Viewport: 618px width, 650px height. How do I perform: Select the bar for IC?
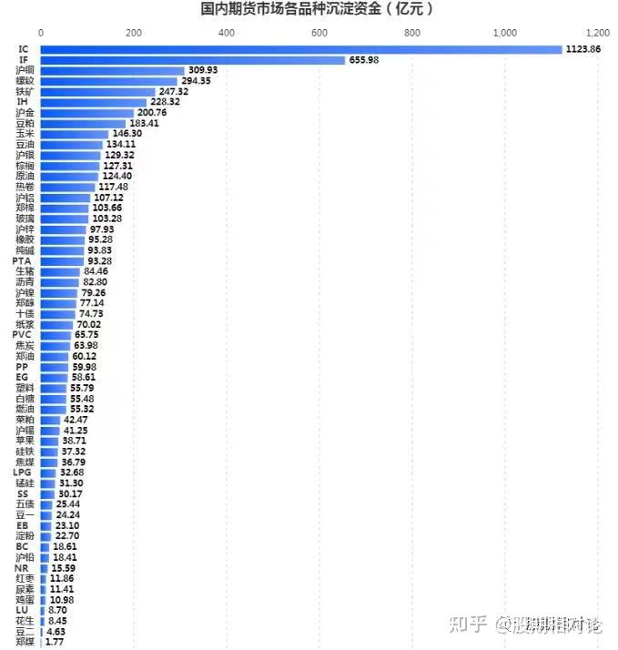click(x=300, y=49)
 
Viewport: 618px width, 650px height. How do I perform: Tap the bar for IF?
click(x=192, y=60)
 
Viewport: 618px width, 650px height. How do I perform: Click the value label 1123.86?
click(x=583, y=49)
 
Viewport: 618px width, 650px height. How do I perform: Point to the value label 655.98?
click(x=363, y=60)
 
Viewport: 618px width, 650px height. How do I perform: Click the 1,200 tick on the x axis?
click(x=597, y=33)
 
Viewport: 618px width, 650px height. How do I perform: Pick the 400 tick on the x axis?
click(x=227, y=33)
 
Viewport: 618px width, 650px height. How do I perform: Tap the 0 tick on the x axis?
click(x=41, y=33)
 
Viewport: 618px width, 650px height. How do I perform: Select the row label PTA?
click(x=24, y=261)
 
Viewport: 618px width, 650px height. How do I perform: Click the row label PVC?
click(x=24, y=335)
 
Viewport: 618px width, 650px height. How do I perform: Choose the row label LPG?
click(x=24, y=472)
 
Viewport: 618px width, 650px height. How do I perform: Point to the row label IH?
click(x=24, y=102)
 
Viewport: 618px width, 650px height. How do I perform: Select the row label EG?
click(x=22, y=377)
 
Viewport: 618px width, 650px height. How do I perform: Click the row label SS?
click(x=24, y=493)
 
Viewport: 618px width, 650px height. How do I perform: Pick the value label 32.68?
click(x=72, y=472)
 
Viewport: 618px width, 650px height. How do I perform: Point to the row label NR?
click(x=22, y=568)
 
